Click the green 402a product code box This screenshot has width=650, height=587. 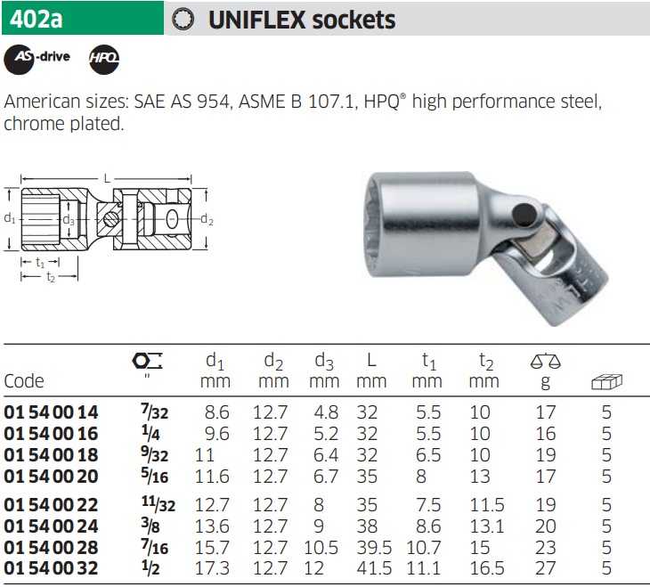[83, 18]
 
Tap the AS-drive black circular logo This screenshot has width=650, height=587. [19, 60]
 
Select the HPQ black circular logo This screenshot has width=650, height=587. [104, 60]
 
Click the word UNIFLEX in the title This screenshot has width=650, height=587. [256, 20]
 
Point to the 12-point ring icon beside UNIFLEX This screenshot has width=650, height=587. [183, 20]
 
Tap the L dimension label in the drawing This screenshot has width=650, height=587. [107, 179]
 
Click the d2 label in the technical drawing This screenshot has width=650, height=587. [207, 219]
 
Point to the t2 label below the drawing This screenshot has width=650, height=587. [51, 277]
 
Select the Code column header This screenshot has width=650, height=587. [24, 381]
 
